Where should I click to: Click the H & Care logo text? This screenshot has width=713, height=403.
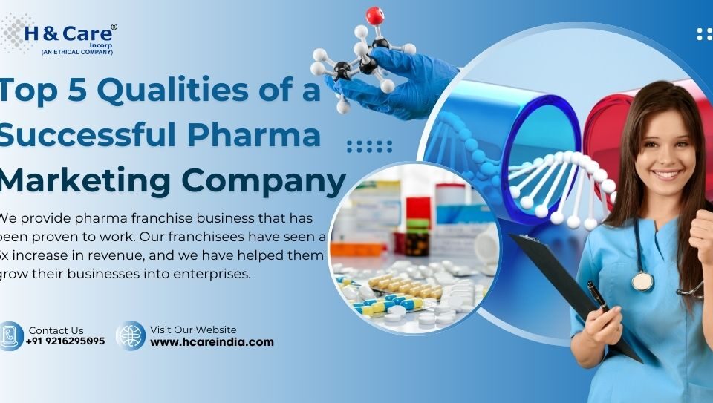[70, 34]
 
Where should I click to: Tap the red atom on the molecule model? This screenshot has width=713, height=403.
[375, 15]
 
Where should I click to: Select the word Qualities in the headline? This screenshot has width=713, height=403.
[173, 91]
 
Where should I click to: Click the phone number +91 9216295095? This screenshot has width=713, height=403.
[65, 341]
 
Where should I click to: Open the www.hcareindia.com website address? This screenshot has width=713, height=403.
[212, 342]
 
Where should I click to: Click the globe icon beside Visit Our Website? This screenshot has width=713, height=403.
[131, 335]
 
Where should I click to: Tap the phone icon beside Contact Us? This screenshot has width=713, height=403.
[10, 335]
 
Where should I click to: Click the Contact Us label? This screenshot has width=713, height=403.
[56, 330]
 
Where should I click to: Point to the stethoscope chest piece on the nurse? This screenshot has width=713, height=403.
[642, 281]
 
